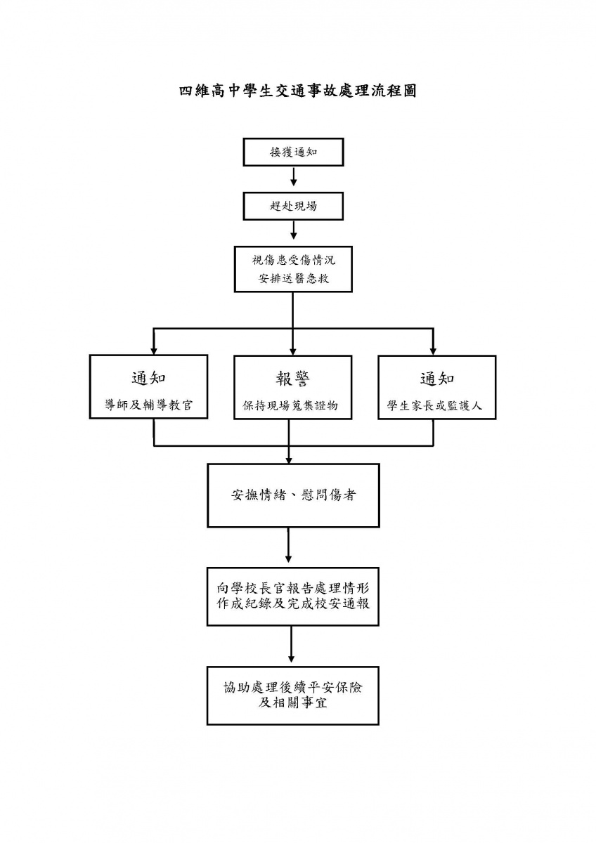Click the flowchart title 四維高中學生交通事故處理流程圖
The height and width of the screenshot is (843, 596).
pos(297,91)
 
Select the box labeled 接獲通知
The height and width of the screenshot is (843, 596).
pos(293,152)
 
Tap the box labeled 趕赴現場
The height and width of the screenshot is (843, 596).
pos(293,207)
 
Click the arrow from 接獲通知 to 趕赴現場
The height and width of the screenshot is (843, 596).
pos(293,176)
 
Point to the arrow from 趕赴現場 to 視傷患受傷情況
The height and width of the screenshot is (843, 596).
pos(293,230)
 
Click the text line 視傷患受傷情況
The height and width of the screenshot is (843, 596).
pos(293,260)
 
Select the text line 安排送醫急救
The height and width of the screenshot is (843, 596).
pos(293,278)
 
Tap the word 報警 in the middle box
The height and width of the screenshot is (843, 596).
pos(292,378)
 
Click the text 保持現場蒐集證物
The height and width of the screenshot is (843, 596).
pos(290,405)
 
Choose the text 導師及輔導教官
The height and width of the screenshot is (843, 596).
pos(149,405)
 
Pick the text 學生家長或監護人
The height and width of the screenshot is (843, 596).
pos(434,405)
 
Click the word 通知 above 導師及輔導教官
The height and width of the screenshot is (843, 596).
pos(149,378)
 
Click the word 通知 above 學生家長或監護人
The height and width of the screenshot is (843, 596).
pos(437,378)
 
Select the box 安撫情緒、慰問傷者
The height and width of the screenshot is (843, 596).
pos(293,495)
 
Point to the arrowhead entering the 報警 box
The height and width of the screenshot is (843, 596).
pos(293,351)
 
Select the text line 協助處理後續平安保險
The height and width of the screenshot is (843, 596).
pos(293,688)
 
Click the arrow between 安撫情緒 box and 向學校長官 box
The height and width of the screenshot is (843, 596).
pos(288,545)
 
